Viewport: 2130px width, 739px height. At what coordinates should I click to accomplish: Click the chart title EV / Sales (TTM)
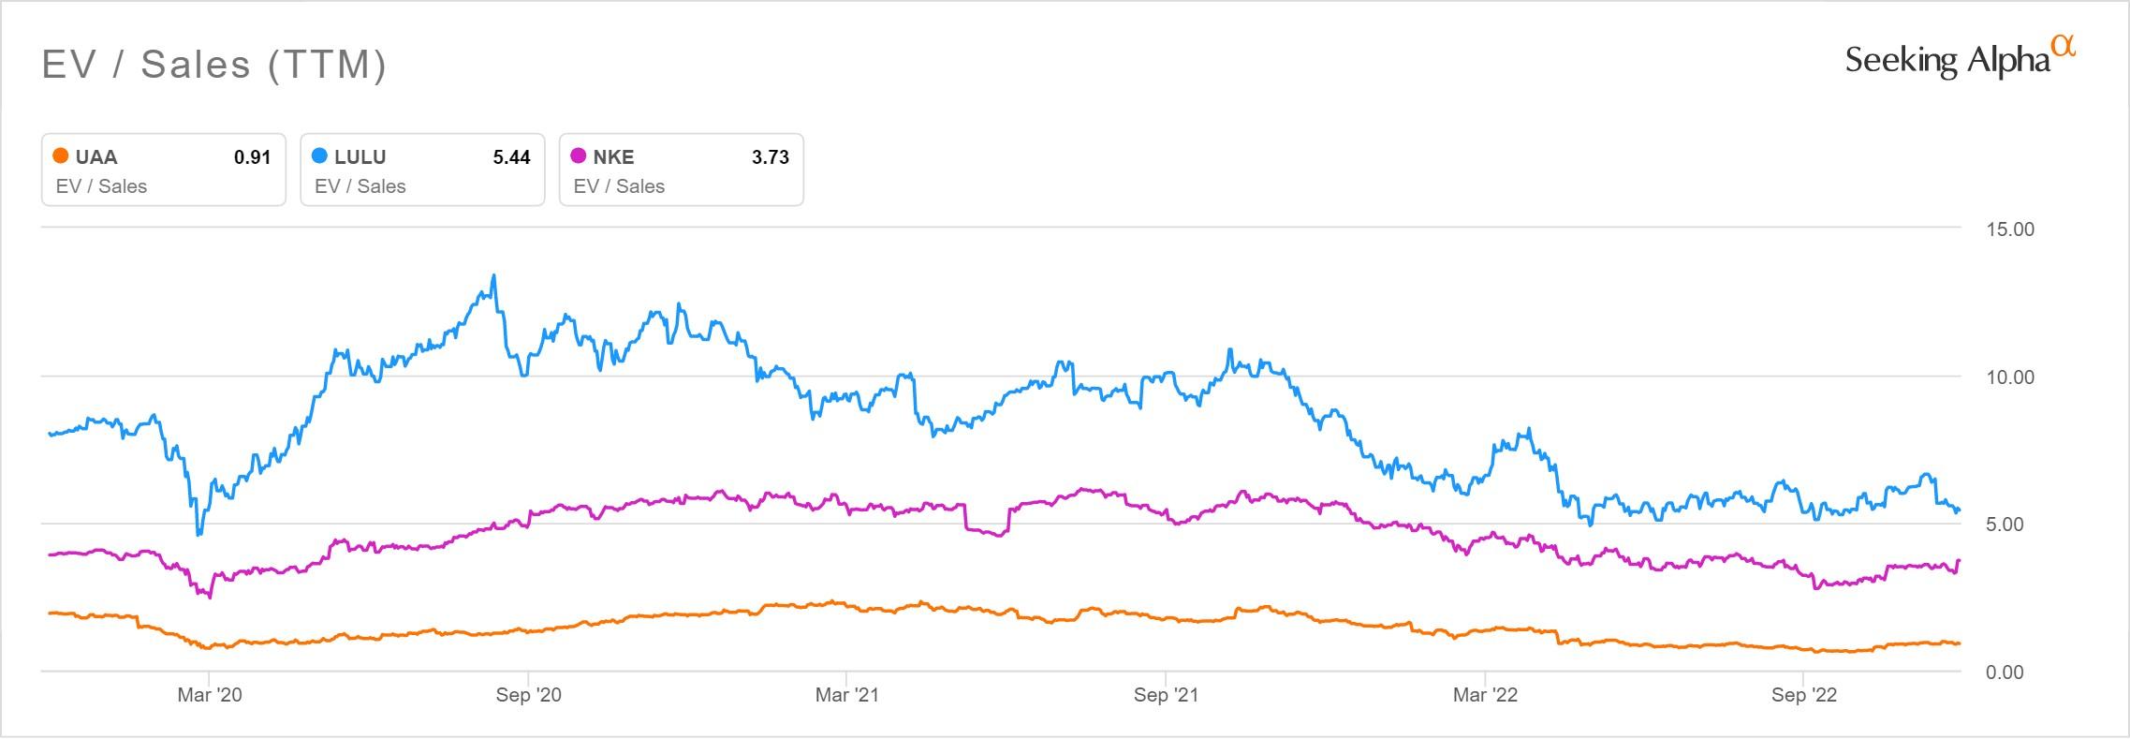(214, 65)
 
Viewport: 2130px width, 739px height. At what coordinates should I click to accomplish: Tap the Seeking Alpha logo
(1959, 61)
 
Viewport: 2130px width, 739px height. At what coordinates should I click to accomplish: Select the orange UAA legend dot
(61, 156)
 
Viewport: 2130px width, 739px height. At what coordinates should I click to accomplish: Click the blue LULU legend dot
(320, 156)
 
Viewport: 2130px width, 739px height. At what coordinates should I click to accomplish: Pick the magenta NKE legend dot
(579, 156)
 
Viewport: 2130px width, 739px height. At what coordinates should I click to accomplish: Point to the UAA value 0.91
(252, 157)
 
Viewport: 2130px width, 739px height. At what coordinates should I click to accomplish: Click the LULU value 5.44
(511, 157)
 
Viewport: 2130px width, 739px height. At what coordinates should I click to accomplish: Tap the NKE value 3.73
(770, 157)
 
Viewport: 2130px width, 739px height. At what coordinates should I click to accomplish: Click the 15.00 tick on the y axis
(2010, 229)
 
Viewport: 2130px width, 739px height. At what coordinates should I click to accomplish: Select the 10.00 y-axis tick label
(2010, 377)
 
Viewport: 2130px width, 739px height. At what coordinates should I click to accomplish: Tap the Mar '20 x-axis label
(209, 695)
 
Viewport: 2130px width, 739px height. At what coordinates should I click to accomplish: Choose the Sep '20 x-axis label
(528, 695)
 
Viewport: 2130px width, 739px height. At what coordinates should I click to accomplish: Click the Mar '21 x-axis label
(846, 695)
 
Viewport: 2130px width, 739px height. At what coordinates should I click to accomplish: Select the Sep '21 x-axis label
(1166, 695)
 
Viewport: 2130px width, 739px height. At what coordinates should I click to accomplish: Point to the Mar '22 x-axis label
(1485, 695)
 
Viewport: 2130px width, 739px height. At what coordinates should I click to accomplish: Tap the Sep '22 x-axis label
(1803, 695)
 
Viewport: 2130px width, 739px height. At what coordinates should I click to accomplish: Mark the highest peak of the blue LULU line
(493, 276)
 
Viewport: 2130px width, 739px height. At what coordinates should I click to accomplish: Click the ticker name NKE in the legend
(613, 157)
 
